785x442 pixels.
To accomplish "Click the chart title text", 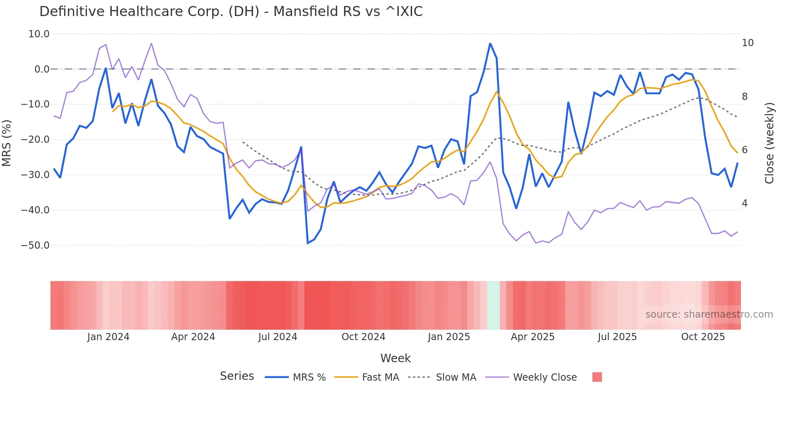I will (231, 11).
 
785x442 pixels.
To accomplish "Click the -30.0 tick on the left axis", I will (35, 175).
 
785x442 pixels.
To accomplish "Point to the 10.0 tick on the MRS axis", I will (39, 34).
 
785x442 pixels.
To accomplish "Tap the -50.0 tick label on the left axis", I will (35, 245).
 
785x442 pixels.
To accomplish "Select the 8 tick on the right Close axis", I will (745, 96).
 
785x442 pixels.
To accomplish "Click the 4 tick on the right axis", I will (745, 203).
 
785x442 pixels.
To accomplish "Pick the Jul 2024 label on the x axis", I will (278, 337).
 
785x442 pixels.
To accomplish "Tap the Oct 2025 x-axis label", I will (703, 337).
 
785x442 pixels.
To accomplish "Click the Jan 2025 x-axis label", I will (449, 337).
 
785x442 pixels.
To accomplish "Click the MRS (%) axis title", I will (7, 143).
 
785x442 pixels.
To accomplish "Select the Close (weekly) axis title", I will (769, 143).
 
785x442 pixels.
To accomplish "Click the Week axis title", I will (395, 358).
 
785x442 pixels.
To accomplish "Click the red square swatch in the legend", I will (597, 377).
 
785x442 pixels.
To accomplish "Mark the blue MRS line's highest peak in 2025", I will (490, 43).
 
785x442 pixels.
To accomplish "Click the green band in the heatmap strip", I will (493, 305).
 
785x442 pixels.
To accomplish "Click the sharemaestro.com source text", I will (709, 314).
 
